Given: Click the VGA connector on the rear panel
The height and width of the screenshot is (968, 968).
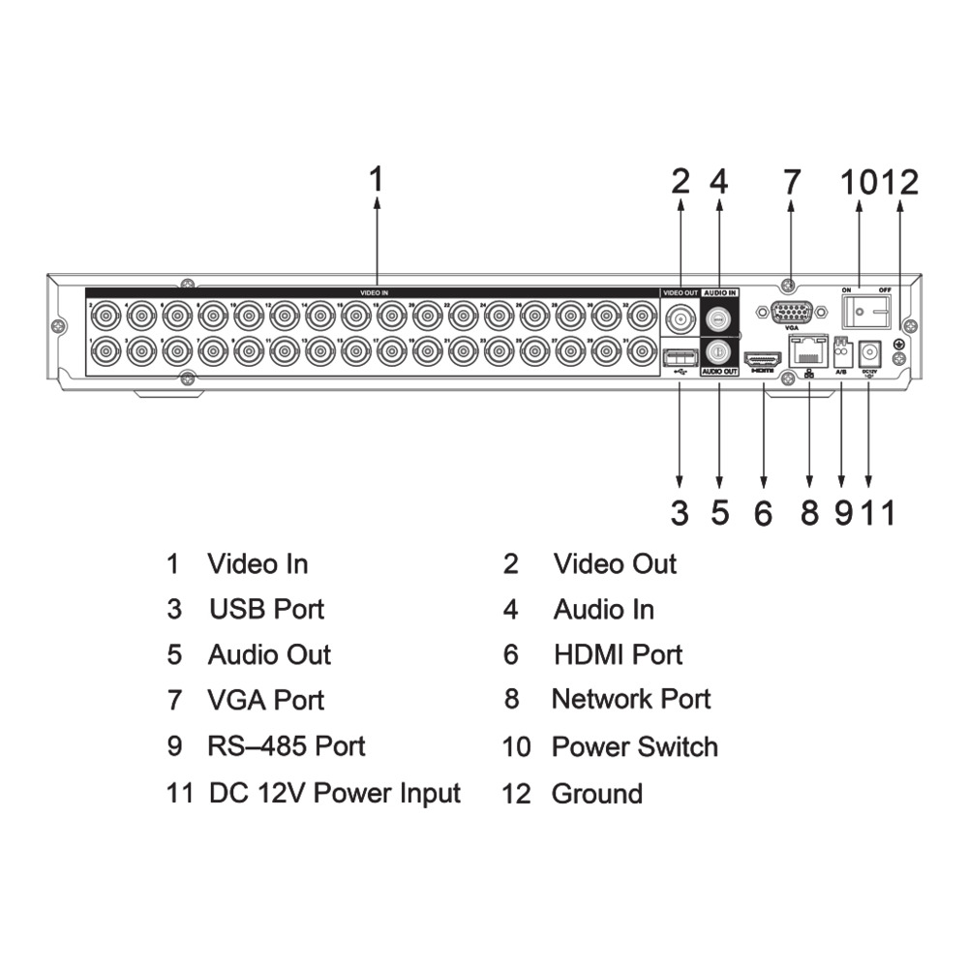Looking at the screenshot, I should tap(792, 312).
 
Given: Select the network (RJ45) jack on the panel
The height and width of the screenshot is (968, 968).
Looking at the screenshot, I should tap(808, 352).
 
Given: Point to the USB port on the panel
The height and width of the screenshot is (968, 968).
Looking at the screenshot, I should tap(680, 355).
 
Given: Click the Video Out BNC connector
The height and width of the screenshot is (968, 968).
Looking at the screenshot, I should tap(681, 317).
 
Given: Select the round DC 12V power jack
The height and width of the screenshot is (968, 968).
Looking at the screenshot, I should tap(869, 352).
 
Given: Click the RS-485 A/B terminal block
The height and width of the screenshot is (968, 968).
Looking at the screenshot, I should tap(840, 350).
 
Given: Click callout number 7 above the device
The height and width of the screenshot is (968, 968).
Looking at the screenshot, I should tap(792, 181).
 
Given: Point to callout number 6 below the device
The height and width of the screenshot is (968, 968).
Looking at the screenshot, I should tap(764, 513).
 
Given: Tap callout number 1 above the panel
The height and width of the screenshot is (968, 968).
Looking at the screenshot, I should tap(377, 179).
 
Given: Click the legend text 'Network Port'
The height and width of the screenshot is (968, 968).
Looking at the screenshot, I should tap(631, 699).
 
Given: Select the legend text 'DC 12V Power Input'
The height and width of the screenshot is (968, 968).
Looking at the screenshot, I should tap(334, 794).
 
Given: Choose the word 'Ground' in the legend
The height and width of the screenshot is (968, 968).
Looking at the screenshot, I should tap(596, 794).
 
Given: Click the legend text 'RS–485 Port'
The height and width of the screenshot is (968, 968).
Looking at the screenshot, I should tap(286, 746).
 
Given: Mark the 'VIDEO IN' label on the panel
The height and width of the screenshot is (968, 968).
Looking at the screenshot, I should tap(374, 291).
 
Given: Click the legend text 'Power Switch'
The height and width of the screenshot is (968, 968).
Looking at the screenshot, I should tap(634, 746).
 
